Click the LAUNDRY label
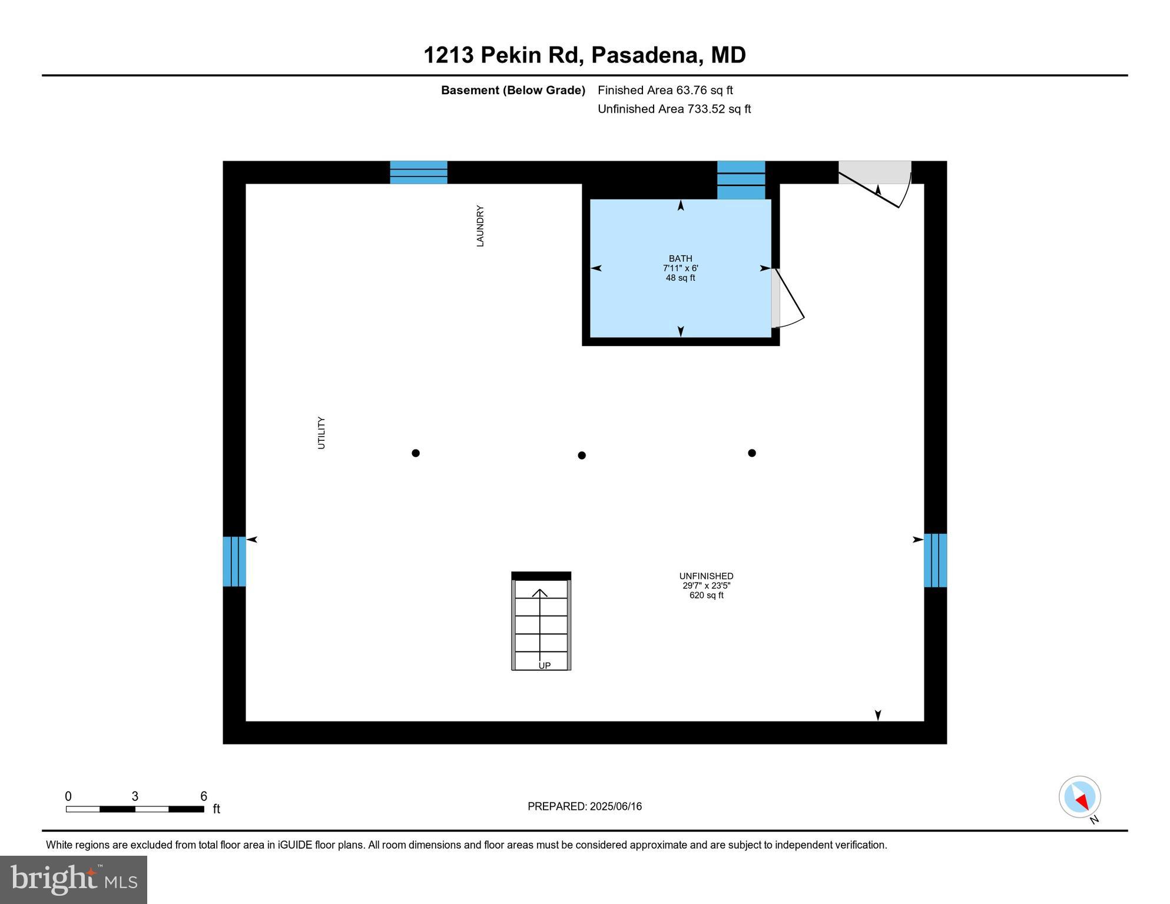[480, 226]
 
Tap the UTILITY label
[321, 433]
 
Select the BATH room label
[680, 258]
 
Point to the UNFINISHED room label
[706, 576]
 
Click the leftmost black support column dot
[416, 453]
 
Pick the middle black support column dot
[582, 455]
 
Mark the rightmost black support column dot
[752, 453]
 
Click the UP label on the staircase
[545, 666]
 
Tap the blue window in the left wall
[234, 561]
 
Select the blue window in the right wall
[935, 560]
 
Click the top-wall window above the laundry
[419, 172]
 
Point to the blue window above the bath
[741, 180]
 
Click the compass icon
[1080, 797]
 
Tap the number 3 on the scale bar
[135, 796]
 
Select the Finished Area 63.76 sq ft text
[665, 90]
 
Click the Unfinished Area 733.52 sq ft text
[674, 109]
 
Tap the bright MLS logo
[74, 879]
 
